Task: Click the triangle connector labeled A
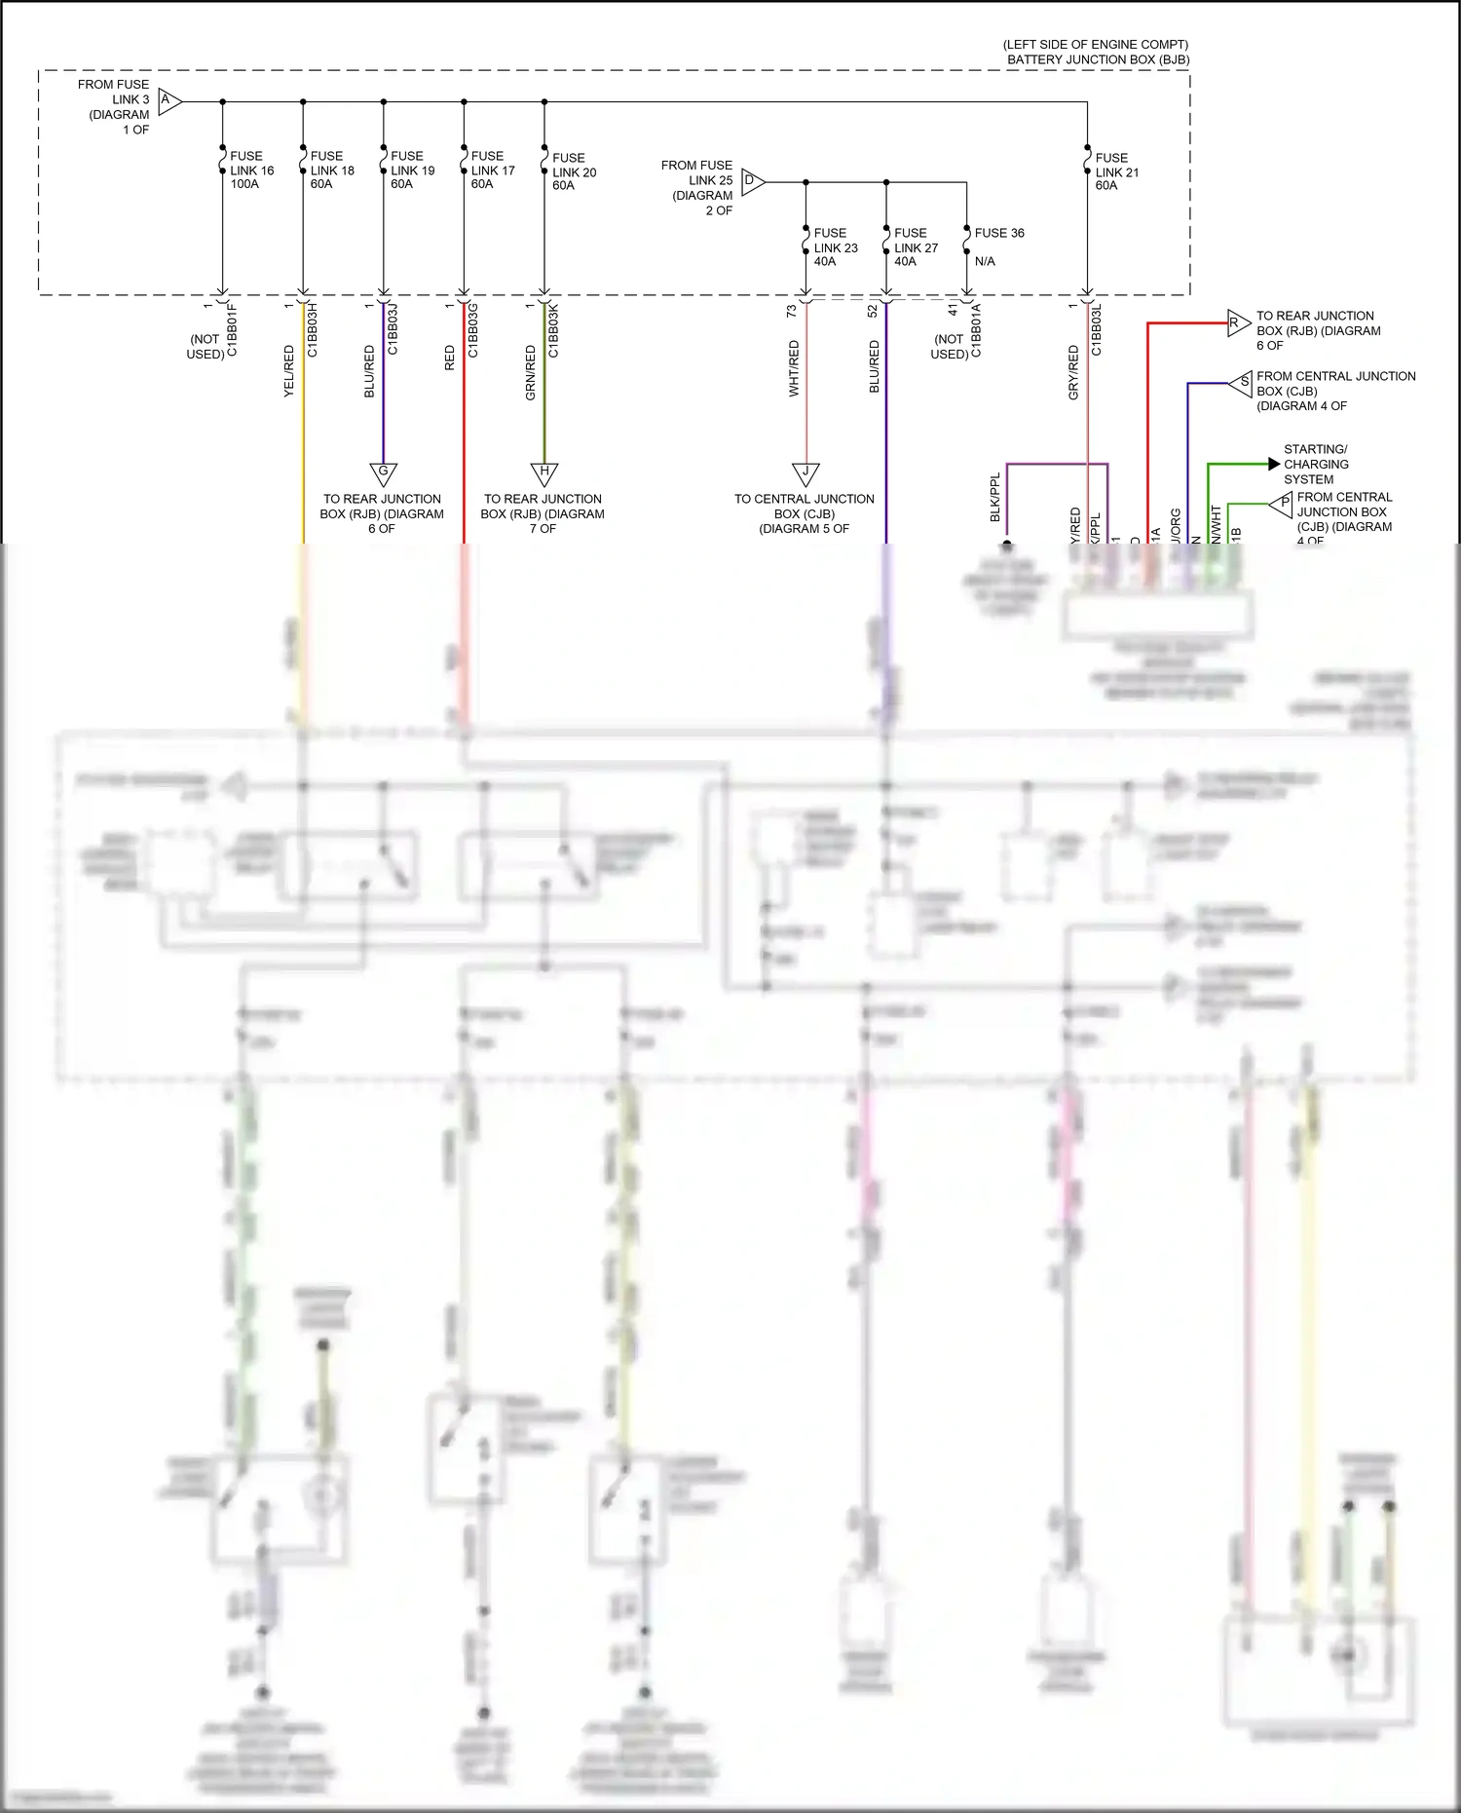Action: (x=169, y=100)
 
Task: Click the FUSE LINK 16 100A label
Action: (x=251, y=170)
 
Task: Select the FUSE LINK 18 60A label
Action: (x=332, y=170)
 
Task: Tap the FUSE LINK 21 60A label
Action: (x=1116, y=171)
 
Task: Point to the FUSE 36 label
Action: (x=998, y=233)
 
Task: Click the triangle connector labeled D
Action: (x=752, y=180)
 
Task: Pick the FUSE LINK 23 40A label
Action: (x=835, y=247)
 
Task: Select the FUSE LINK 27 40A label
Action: (x=916, y=247)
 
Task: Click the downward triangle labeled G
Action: (x=383, y=472)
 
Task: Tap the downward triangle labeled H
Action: (x=543, y=472)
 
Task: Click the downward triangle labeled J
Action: (x=805, y=472)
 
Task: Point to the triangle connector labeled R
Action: (x=1237, y=322)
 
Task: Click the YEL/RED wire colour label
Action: (x=289, y=370)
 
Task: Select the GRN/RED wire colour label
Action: (x=531, y=372)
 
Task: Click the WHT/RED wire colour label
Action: (x=794, y=368)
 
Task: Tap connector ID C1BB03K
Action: (x=553, y=329)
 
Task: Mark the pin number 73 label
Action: (x=791, y=311)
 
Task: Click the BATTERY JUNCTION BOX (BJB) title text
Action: (x=1098, y=59)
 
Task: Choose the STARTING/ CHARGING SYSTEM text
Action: (x=1315, y=464)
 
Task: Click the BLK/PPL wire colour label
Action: (x=995, y=498)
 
